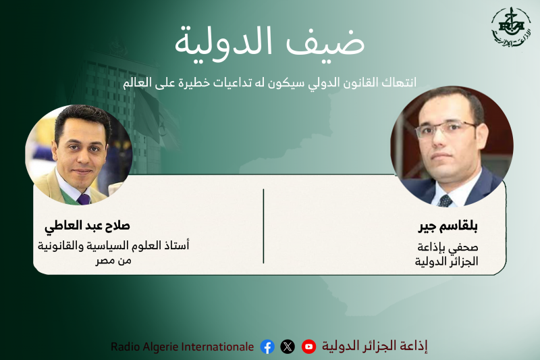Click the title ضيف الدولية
coord(270,42)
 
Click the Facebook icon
coord(267,346)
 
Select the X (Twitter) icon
coord(288,346)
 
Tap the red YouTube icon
coord(308,346)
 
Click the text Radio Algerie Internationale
coord(182,346)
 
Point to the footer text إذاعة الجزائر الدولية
coord(375,346)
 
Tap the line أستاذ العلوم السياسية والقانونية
coord(113,245)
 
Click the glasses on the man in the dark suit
coord(448,128)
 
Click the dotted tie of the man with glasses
coord(445,200)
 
